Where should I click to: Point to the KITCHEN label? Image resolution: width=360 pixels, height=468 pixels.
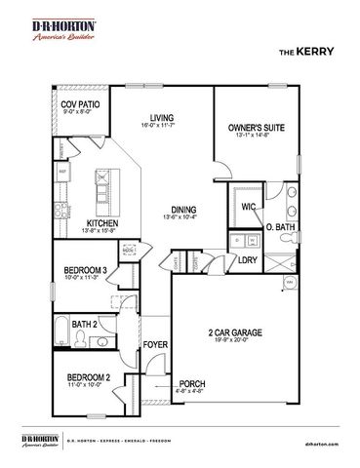coord(102,222)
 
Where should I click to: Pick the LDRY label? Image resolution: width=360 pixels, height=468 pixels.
coord(247,259)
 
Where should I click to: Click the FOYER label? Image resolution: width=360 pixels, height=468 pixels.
coord(155,345)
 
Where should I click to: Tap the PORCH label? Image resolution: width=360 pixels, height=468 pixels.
coord(192,384)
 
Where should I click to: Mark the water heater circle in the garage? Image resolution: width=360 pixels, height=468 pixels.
coord(290,283)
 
